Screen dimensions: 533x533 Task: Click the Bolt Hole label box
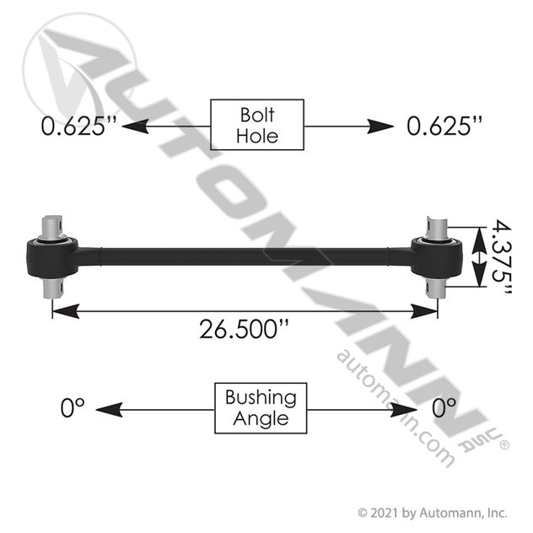(x=257, y=125)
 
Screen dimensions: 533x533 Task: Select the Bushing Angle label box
(x=261, y=408)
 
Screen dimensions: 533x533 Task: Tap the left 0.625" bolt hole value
(x=79, y=126)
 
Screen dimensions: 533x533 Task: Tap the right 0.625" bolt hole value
(x=444, y=126)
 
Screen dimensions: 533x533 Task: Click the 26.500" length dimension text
(x=244, y=329)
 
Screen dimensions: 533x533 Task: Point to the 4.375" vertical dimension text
(x=502, y=256)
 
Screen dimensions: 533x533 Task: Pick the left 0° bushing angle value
(x=73, y=407)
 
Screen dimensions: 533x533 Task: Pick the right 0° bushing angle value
(x=444, y=407)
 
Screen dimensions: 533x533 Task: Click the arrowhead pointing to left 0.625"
(x=135, y=127)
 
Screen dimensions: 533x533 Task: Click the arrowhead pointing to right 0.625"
(x=380, y=127)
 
